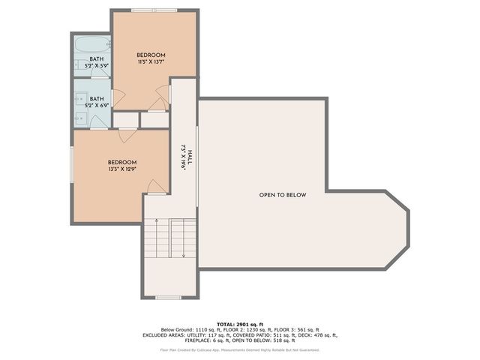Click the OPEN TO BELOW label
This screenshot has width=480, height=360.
coord(283,195)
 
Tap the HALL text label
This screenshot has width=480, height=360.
coord(190,157)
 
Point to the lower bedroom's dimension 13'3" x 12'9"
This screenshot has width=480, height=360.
coord(121,169)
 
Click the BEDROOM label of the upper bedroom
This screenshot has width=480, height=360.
coord(151,55)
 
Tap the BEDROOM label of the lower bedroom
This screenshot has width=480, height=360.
coord(121,163)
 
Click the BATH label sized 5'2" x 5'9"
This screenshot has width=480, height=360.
coord(97,59)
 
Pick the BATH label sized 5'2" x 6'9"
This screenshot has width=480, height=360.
coord(97,99)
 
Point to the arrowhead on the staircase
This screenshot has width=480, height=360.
coord(184,255)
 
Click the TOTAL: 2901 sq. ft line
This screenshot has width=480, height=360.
coord(239,324)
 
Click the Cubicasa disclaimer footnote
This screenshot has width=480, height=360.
coord(239,349)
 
